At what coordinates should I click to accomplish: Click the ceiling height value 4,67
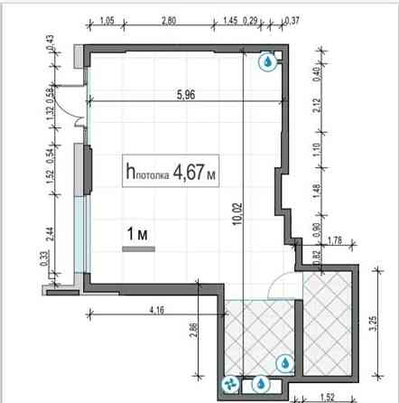click(x=189, y=172)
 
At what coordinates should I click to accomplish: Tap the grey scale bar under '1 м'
click(x=138, y=248)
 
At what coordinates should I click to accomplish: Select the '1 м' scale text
click(x=137, y=234)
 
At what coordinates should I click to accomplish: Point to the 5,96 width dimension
click(x=186, y=95)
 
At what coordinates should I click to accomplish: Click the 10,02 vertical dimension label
click(x=237, y=214)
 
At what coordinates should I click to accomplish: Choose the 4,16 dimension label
click(x=157, y=310)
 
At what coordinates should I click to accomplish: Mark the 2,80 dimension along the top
click(x=169, y=21)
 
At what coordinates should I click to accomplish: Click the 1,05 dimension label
click(x=107, y=21)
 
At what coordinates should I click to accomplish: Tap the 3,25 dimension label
click(x=373, y=323)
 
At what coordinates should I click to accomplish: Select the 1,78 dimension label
click(x=335, y=240)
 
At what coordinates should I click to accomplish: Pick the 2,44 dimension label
click(x=50, y=234)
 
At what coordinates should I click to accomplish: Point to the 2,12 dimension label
click(x=317, y=106)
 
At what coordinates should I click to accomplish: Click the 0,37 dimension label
click(x=292, y=21)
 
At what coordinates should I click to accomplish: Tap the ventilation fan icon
click(x=230, y=385)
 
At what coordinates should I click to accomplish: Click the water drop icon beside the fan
click(x=261, y=384)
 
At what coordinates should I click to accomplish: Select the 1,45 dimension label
click(x=230, y=21)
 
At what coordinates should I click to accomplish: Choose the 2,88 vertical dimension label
click(x=194, y=330)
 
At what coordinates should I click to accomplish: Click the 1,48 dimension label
click(x=317, y=192)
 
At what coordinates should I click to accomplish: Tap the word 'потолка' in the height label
click(x=153, y=175)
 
